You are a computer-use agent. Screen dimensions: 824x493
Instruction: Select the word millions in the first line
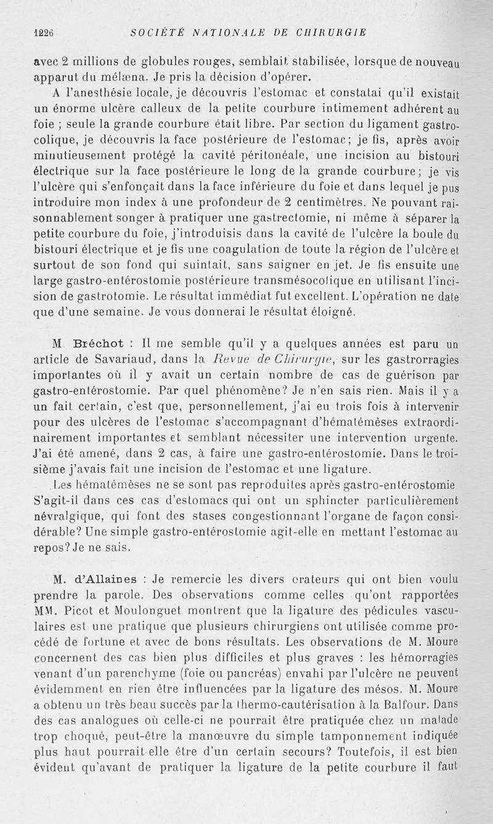(89, 62)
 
